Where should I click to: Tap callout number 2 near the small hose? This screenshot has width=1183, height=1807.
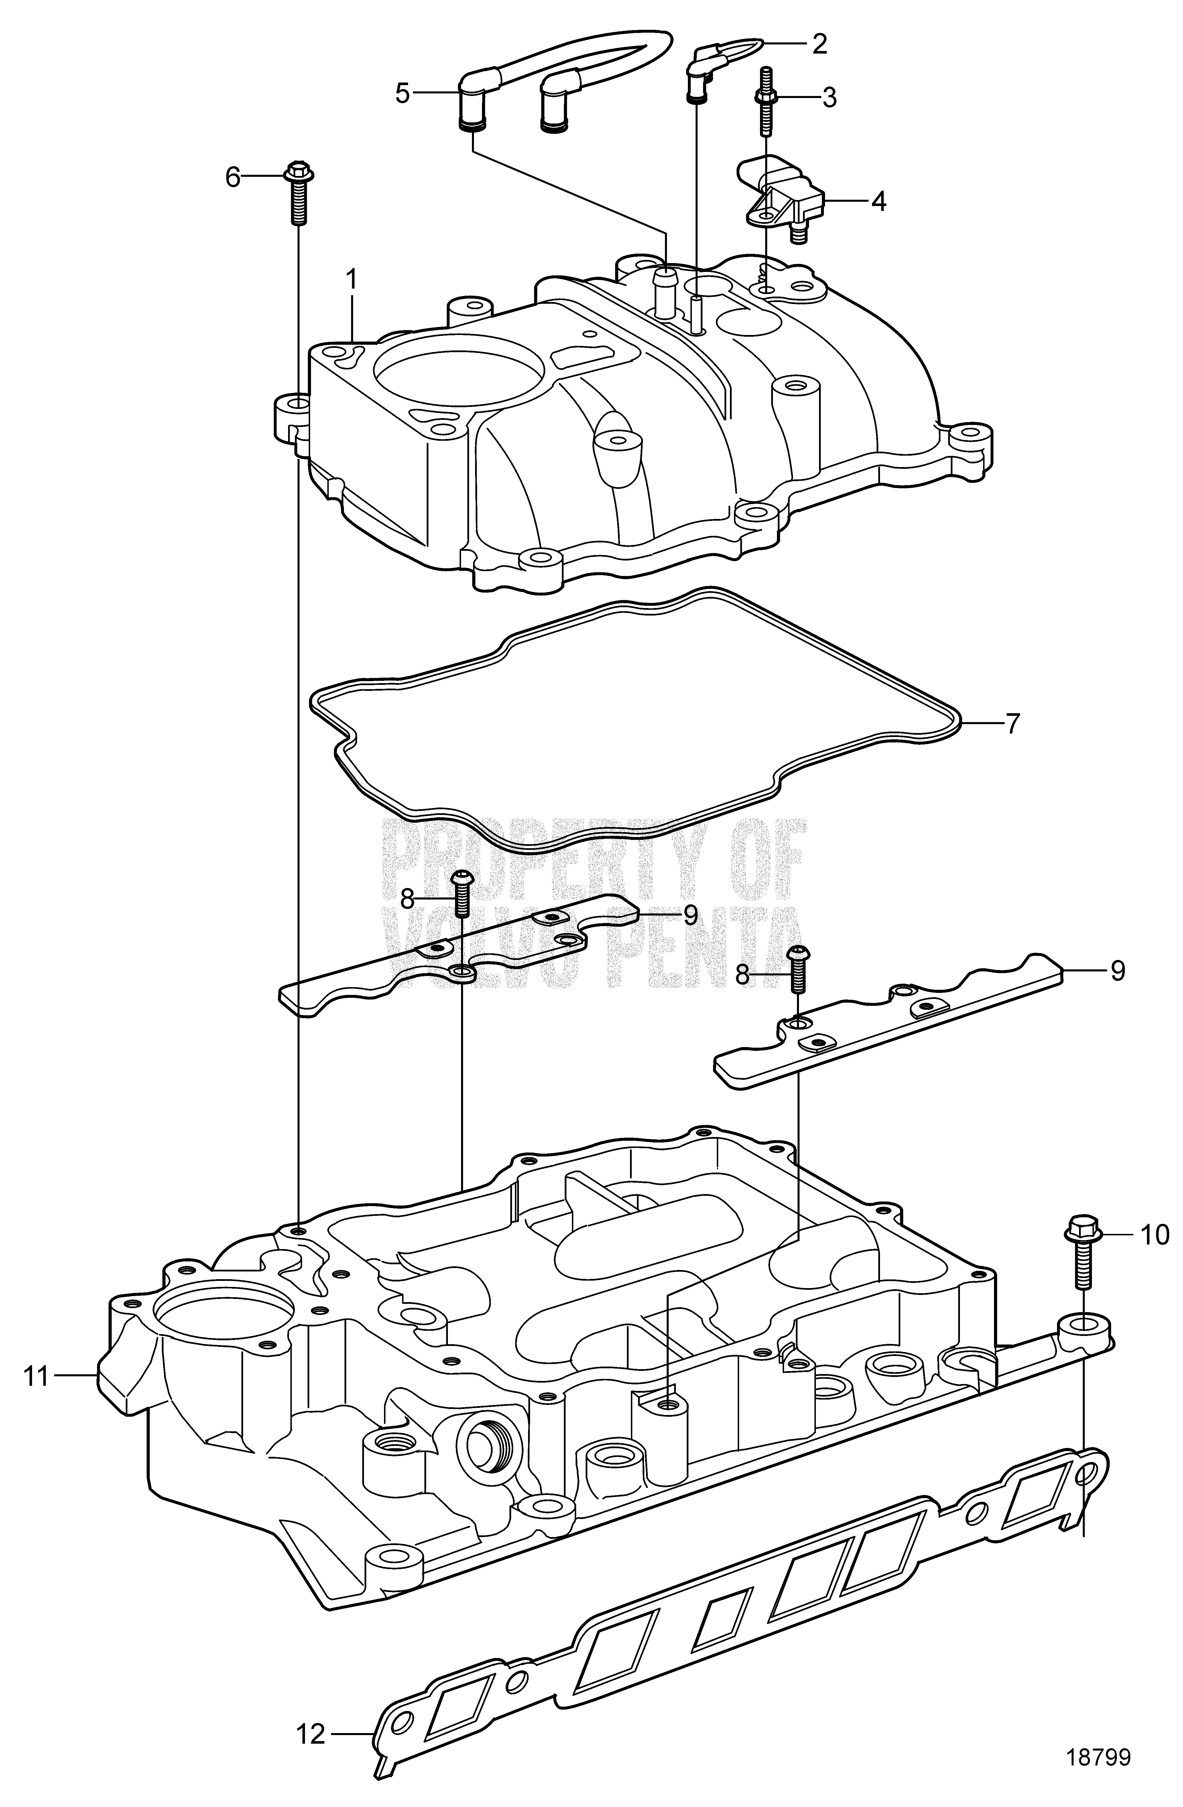[818, 44]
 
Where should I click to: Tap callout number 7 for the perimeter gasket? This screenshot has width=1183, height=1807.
[1012, 723]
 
